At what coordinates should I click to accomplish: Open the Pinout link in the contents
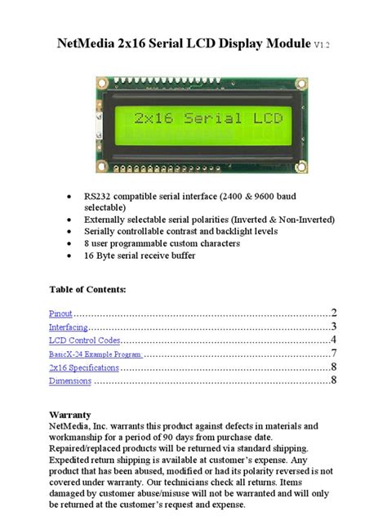click(61, 313)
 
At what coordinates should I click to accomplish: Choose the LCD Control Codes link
click(84, 340)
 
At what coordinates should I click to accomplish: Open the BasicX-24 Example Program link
click(96, 354)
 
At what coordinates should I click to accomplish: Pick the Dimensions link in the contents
click(70, 380)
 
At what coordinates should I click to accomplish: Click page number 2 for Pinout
click(333, 313)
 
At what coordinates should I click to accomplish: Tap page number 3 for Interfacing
click(333, 327)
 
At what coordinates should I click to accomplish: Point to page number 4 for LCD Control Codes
click(333, 340)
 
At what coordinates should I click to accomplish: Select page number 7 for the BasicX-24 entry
click(333, 354)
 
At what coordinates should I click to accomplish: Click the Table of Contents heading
click(87, 289)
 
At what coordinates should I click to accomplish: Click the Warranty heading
click(69, 414)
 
